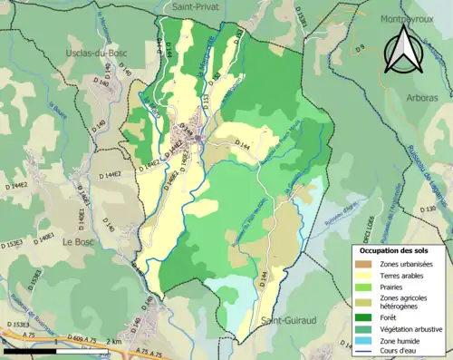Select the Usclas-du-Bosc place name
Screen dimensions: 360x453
click(99, 54)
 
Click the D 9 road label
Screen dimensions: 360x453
click(360, 47)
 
